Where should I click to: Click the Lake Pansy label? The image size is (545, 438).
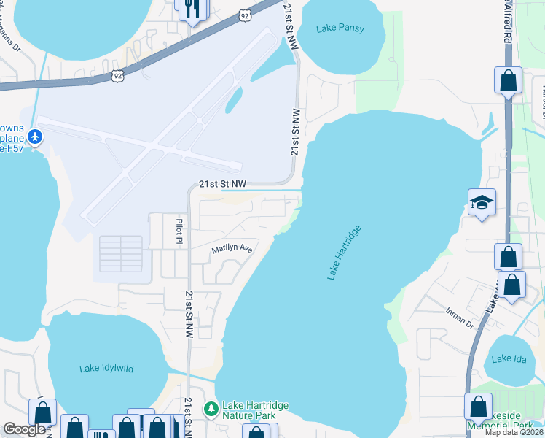[340, 29]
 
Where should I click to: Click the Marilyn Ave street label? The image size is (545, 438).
[232, 250]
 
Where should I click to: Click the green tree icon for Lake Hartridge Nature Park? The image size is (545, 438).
[211, 407]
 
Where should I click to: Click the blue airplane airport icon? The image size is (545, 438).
[35, 136]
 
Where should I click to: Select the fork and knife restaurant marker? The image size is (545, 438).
[192, 9]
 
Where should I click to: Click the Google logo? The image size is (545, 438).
[24, 429]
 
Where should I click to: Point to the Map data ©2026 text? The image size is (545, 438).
[514, 431]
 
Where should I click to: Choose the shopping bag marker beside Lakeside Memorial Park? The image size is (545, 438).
[479, 406]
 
